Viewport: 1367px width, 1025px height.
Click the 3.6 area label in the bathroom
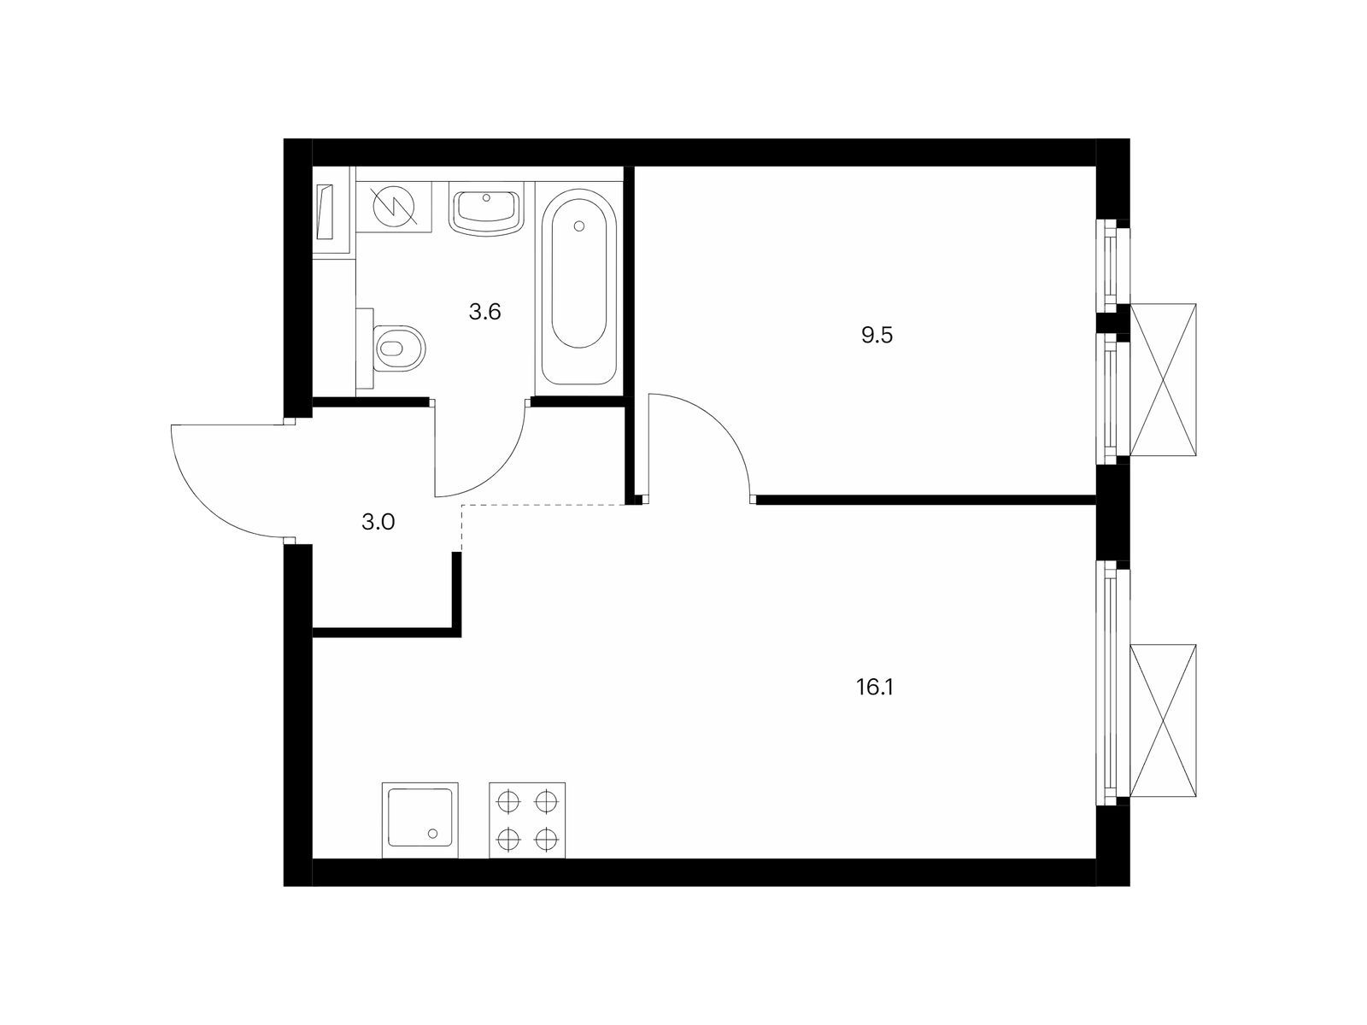484,312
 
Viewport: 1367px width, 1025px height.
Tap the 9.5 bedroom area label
877,336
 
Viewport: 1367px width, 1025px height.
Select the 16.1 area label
874,688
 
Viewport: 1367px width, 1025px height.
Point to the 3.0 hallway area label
378,522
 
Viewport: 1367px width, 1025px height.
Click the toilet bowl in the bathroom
399,348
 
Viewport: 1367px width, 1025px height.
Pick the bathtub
579,288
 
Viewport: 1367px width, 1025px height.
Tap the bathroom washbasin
486,212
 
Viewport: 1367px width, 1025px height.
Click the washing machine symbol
394,208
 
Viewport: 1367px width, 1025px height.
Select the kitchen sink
419,820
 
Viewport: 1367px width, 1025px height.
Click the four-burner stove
527,820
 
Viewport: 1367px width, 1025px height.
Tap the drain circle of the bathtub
579,226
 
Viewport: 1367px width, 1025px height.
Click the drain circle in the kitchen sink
433,834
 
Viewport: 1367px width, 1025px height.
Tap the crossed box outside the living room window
1163,720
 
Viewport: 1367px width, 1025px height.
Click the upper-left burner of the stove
508,801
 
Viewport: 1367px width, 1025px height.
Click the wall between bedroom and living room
925,500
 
